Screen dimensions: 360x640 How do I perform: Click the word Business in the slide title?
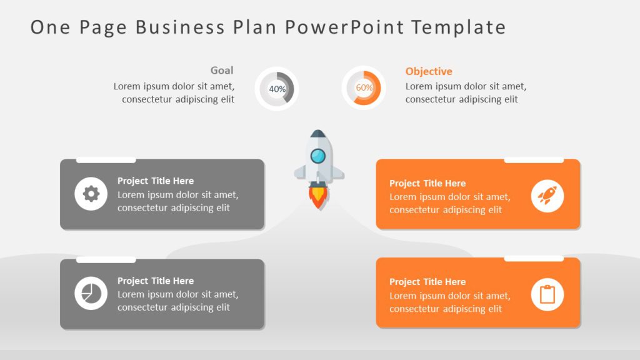(x=180, y=27)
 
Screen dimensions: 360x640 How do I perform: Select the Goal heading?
(x=222, y=71)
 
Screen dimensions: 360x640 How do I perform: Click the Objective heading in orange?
(x=429, y=72)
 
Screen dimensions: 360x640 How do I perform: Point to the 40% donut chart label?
(x=277, y=89)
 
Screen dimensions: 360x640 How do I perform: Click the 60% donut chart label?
(x=364, y=88)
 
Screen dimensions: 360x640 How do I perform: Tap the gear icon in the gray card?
(x=91, y=194)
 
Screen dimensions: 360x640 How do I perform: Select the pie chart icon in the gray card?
(x=91, y=293)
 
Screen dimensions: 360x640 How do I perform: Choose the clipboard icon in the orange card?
(x=547, y=294)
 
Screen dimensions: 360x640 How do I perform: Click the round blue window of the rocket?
(x=319, y=156)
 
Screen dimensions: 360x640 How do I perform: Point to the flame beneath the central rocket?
(x=319, y=197)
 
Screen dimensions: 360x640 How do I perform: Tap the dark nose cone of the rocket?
(x=319, y=134)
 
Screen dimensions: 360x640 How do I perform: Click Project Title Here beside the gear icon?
(x=156, y=181)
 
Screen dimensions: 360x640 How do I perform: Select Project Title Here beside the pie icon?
(x=156, y=281)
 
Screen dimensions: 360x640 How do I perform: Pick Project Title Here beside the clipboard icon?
(x=427, y=282)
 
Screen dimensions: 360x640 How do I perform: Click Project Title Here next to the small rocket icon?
(x=427, y=183)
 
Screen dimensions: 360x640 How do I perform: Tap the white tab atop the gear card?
(x=106, y=160)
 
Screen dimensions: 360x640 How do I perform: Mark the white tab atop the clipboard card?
(x=534, y=258)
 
